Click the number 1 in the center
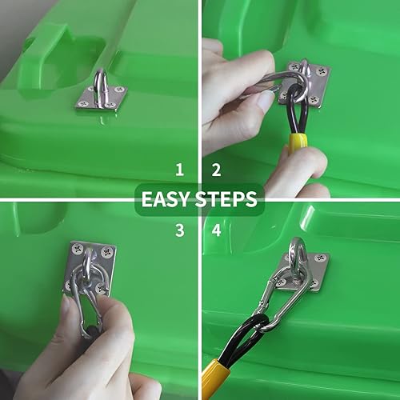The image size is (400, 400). pos(180,170)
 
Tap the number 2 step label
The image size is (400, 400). pos(215,170)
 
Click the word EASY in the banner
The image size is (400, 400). pos(165,199)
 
